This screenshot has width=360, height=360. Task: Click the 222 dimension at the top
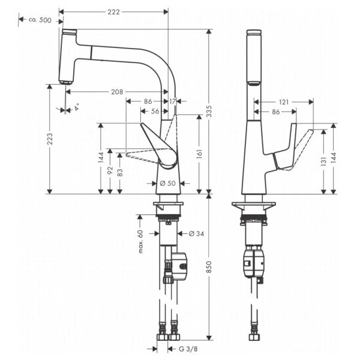(x=113, y=11)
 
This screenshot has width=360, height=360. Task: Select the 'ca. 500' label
(x=40, y=20)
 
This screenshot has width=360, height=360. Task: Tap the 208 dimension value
(x=117, y=92)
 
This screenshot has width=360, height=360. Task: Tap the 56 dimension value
(x=154, y=112)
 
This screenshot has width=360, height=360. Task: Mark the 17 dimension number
(x=173, y=101)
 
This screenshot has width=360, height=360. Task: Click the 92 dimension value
(x=110, y=171)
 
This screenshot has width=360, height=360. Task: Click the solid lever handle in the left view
(x=159, y=147)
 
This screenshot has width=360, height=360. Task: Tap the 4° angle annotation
(x=76, y=109)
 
